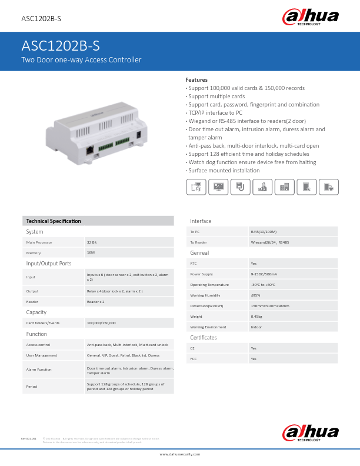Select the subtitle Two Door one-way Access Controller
81,60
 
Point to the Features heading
196,79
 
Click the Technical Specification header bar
98,221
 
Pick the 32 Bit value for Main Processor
92,242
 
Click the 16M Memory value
91,252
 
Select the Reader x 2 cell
95,301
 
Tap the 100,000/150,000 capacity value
101,322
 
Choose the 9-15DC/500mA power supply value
264,274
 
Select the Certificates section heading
204,338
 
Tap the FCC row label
193,358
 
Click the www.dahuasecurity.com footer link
180,454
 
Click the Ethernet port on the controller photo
88,149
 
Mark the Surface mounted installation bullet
224,170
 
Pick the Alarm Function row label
39,370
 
